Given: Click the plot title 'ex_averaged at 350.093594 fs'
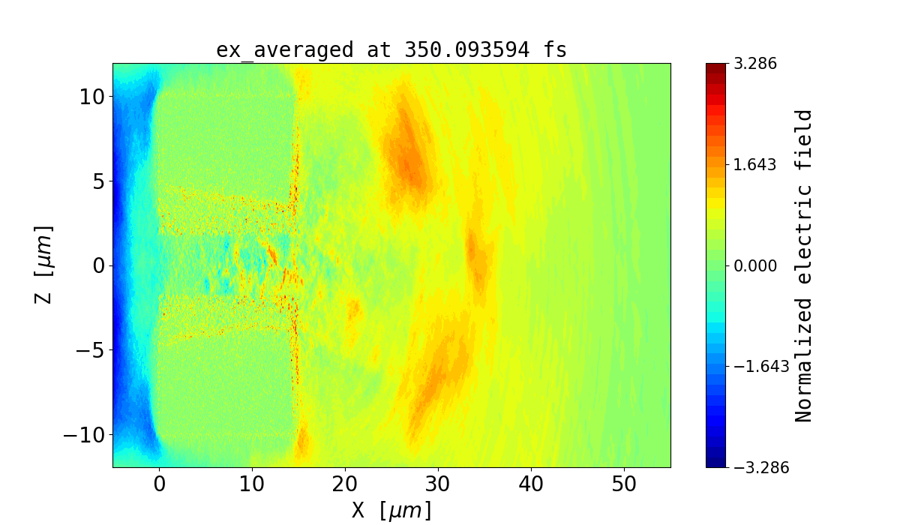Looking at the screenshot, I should point(391,50).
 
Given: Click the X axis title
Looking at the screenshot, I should point(391,510).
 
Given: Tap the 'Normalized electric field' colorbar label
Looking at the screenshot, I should point(804,265).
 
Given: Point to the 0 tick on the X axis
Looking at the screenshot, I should point(159,484).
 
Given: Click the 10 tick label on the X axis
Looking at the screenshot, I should point(252,484).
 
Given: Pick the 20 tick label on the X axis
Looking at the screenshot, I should point(345,484).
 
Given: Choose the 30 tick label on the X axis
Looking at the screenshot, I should point(438,484).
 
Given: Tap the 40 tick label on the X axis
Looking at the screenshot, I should point(531,484).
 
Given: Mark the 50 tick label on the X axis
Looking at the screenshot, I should point(624,484).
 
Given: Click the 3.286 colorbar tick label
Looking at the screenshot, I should point(755,64).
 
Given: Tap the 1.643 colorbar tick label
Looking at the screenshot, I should point(755,164).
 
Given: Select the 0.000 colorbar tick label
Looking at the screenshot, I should point(755,265).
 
